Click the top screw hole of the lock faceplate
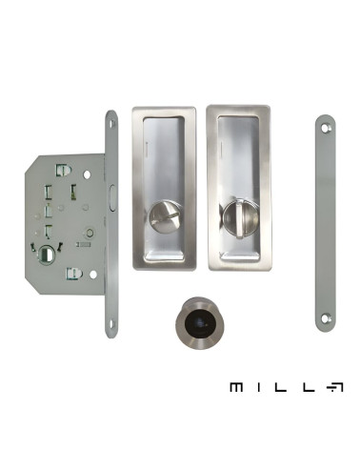click(111, 124)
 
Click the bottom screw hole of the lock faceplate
click(111, 324)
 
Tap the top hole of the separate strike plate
click(325, 128)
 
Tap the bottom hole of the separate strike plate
click(325, 318)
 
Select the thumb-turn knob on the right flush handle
click(237, 216)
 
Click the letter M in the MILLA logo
click(236, 387)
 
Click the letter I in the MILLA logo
click(259, 387)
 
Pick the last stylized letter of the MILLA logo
click(335, 387)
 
